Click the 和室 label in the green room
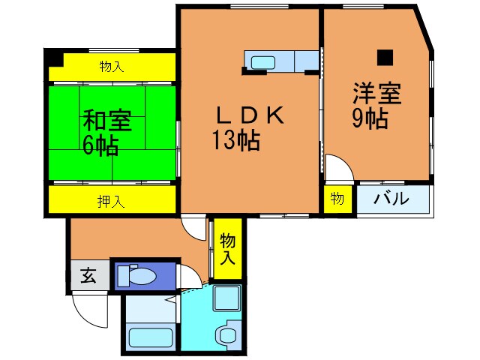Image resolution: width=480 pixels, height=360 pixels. pos(103,120)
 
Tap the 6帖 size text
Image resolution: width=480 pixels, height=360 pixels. pos(100,145)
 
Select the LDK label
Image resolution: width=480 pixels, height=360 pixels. pos(249,115)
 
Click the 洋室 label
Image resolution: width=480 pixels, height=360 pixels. pos(377,94)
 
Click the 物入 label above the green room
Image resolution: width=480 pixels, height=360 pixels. pos(112,67)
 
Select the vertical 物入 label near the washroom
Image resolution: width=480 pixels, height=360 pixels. pos(228,248)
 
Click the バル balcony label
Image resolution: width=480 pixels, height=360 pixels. pos(391,199)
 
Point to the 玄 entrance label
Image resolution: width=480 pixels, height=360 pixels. pos(88,276)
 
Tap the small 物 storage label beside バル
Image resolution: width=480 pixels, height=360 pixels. pos(337,199)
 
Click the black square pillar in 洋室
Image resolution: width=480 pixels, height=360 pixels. pos(385,55)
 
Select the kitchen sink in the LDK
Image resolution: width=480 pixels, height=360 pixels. pos(264,61)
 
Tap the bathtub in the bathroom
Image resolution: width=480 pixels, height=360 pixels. pos(151,337)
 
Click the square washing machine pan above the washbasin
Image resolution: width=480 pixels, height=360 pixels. pos(226,299)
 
